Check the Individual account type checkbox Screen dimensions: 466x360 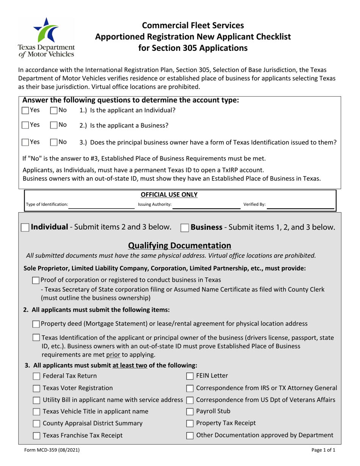pyautogui.click(x=25, y=228)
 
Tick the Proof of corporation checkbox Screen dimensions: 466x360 pyautogui.click(x=36, y=280)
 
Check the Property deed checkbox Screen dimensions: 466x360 pyautogui.click(x=36, y=324)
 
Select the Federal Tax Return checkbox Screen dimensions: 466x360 pyautogui.click(x=36, y=376)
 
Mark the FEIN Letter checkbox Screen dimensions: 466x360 pyautogui.click(x=190, y=376)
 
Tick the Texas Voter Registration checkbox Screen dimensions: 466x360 pyautogui.click(x=36, y=388)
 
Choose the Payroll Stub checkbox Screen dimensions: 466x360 pyautogui.click(x=190, y=411)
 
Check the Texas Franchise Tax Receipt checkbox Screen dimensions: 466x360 pyautogui.click(x=36, y=436)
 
